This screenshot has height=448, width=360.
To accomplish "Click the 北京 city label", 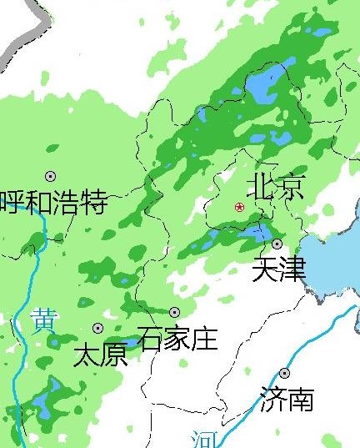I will coord(277,186).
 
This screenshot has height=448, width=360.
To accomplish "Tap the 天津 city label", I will coord(279,269).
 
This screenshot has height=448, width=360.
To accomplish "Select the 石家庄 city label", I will coord(177,338).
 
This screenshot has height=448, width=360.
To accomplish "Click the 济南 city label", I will coord(287,399).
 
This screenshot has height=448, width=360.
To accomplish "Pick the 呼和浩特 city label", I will coord(54,202).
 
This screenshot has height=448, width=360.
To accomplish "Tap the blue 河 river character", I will coord(202,439).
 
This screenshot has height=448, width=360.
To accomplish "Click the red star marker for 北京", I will coord(240,206).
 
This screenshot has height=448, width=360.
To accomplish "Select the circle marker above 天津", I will coord(277,244).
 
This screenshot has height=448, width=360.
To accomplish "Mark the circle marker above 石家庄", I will coord(175,312).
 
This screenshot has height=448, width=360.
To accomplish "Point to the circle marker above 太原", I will coord(98,329).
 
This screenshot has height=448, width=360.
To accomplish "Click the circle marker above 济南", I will coord(285,373).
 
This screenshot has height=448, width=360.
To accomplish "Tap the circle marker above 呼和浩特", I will coord(51,176).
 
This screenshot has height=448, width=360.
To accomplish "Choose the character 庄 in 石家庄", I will coord(204,338).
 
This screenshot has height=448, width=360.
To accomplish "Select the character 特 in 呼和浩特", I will coord(94,202).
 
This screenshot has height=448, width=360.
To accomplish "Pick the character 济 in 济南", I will coord(272,399).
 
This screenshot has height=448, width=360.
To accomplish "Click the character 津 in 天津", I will coord(292,269).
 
